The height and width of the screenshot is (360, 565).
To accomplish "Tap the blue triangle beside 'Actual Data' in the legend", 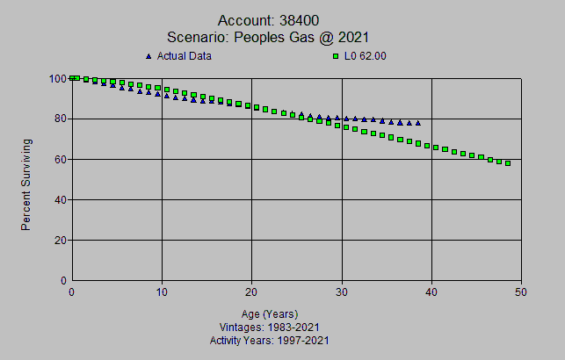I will pos(148,56).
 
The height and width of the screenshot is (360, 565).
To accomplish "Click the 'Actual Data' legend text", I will pos(185,56).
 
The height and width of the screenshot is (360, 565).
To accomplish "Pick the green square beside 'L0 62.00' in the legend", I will pos(335,56).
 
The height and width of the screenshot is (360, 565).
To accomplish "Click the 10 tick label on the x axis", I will pos(162,292).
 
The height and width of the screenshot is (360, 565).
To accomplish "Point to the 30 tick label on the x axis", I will pos(342,292).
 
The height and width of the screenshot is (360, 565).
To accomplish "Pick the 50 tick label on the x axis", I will pos(521,292).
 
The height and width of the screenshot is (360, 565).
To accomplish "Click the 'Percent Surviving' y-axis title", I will pos(27,184).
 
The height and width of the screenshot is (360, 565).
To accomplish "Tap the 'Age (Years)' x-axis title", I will pos(270,314).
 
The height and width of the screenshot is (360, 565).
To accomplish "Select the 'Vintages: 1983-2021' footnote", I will pos(270,327).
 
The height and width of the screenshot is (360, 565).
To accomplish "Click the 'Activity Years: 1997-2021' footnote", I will pos(270,340).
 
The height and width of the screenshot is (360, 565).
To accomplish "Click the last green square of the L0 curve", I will pos(508,162).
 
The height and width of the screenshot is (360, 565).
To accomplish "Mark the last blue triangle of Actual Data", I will pos(418,123).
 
